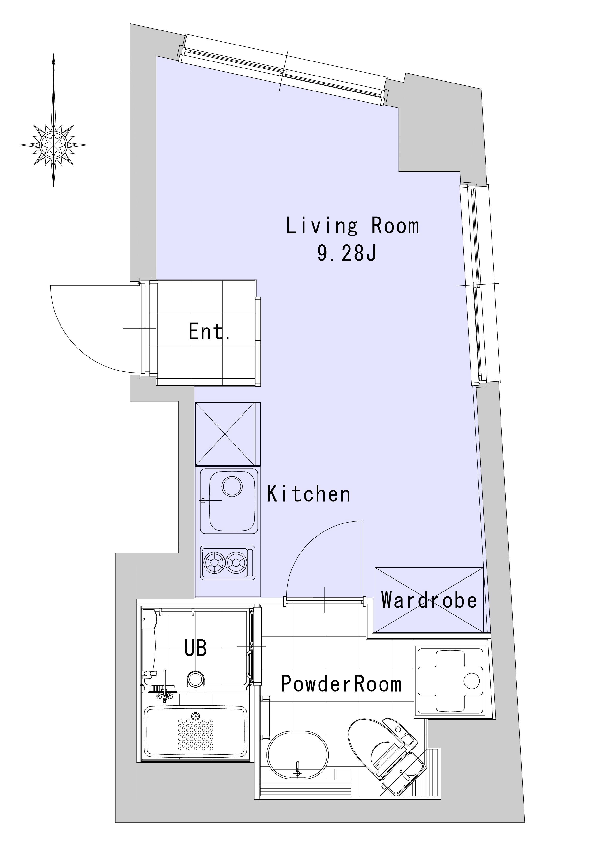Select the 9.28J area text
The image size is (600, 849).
point(347,254)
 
